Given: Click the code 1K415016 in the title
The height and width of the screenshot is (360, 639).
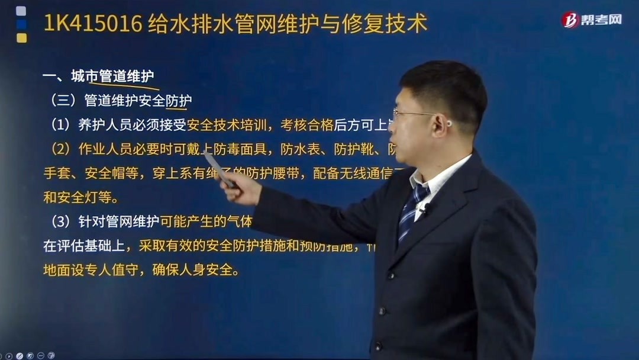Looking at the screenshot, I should coord(93,24).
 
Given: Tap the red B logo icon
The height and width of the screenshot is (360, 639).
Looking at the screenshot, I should coord(570,20).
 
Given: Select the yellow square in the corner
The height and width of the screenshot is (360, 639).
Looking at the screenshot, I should coord(21,38).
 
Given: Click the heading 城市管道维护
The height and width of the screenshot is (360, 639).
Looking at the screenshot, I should coord(112,76).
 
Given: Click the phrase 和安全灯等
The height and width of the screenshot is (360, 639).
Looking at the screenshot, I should coord(80,197).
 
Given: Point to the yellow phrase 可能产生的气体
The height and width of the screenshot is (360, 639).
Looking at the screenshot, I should coord(206,221).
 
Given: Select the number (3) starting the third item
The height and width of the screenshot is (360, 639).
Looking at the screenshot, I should coord(61,221).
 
